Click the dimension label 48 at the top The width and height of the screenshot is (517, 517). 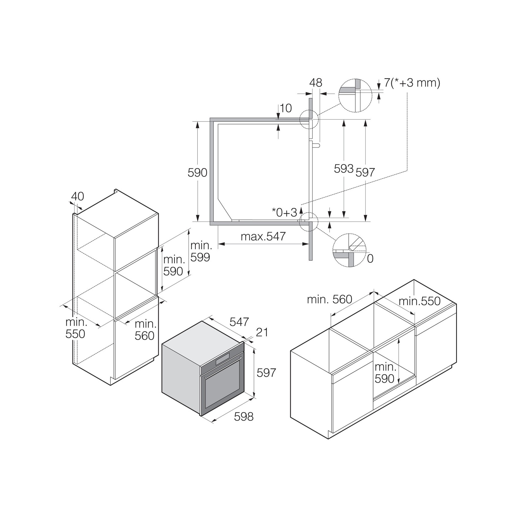pyautogui.click(x=316, y=83)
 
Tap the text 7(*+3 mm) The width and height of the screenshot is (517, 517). pyautogui.click(x=412, y=83)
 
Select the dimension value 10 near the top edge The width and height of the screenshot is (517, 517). pyautogui.click(x=285, y=108)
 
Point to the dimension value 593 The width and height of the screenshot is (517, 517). pyautogui.click(x=344, y=169)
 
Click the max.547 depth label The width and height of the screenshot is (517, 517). pyautogui.click(x=263, y=236)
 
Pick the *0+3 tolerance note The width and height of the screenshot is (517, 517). pyautogui.click(x=284, y=213)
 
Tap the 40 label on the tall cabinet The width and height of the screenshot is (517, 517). pyautogui.click(x=77, y=196)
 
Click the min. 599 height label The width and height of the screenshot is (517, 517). pyautogui.click(x=201, y=251)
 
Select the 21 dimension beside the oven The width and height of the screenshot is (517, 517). pyautogui.click(x=262, y=332)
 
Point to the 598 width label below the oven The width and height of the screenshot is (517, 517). pyautogui.click(x=244, y=416)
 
